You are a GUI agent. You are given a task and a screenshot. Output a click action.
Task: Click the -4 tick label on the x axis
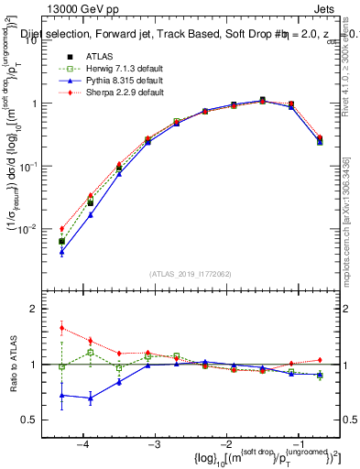tap(82, 443)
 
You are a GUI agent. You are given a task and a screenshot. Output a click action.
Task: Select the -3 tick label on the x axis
tap(153, 443)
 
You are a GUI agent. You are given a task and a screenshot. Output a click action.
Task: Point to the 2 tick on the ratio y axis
tap(41, 310)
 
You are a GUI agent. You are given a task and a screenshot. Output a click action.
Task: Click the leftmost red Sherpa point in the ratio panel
tap(61, 327)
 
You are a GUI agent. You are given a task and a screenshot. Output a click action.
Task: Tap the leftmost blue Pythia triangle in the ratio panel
tap(61, 396)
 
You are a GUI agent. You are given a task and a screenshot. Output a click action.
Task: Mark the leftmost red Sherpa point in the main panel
tap(61, 229)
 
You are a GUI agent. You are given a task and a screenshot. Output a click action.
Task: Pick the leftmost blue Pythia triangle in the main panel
tap(61, 251)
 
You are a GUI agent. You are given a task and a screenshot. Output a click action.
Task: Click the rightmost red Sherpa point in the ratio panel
tap(320, 360)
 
